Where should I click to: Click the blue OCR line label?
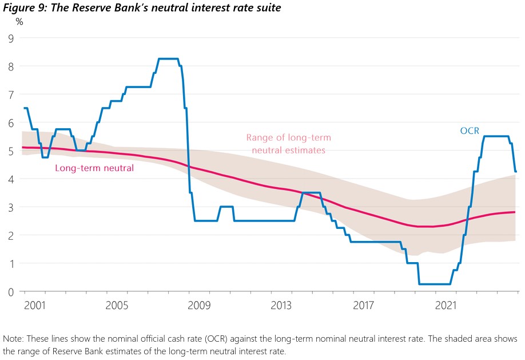click(x=469, y=131)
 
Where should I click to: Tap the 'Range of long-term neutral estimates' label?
click(x=288, y=144)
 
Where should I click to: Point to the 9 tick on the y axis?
click(x=10, y=38)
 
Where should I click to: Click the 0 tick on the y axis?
click(x=10, y=291)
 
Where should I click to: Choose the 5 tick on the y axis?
click(x=10, y=151)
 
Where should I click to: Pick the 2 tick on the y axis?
click(x=10, y=235)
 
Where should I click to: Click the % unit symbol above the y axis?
click(x=19, y=22)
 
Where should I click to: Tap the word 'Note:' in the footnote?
click(x=14, y=339)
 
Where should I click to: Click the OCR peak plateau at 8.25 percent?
click(x=168, y=59)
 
